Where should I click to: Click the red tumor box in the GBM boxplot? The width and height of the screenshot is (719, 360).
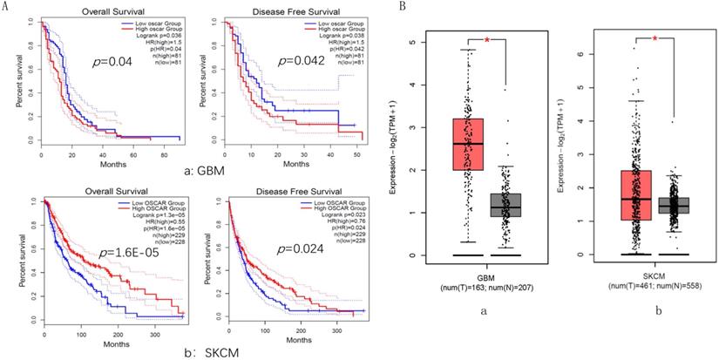click(469, 144)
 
